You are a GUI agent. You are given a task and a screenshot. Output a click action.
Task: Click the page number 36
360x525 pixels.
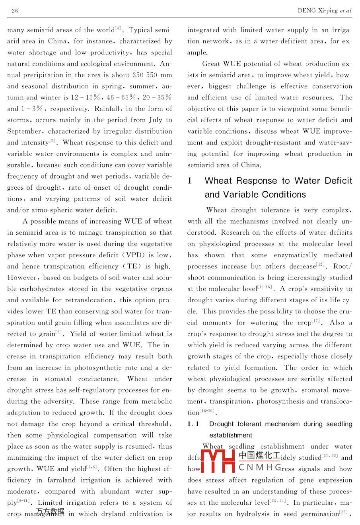(15, 11)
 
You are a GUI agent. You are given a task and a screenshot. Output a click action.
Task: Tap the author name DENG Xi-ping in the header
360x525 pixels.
(318, 11)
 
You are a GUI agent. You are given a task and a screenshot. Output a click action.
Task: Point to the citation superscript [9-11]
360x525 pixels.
(23, 501)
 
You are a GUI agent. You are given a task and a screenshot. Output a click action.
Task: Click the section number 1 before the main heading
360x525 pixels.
(190, 181)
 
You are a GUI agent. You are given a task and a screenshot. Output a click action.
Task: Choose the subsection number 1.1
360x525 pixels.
(193, 424)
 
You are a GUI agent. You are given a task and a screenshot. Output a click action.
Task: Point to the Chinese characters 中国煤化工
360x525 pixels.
(259, 455)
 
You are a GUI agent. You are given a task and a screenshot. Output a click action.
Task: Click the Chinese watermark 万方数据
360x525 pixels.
(50, 511)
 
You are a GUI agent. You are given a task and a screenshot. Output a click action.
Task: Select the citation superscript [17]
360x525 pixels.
(315, 321)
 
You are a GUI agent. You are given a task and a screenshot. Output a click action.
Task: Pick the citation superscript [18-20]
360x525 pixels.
(207, 411)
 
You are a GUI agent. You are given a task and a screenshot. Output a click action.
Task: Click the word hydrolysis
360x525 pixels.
(253, 514)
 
